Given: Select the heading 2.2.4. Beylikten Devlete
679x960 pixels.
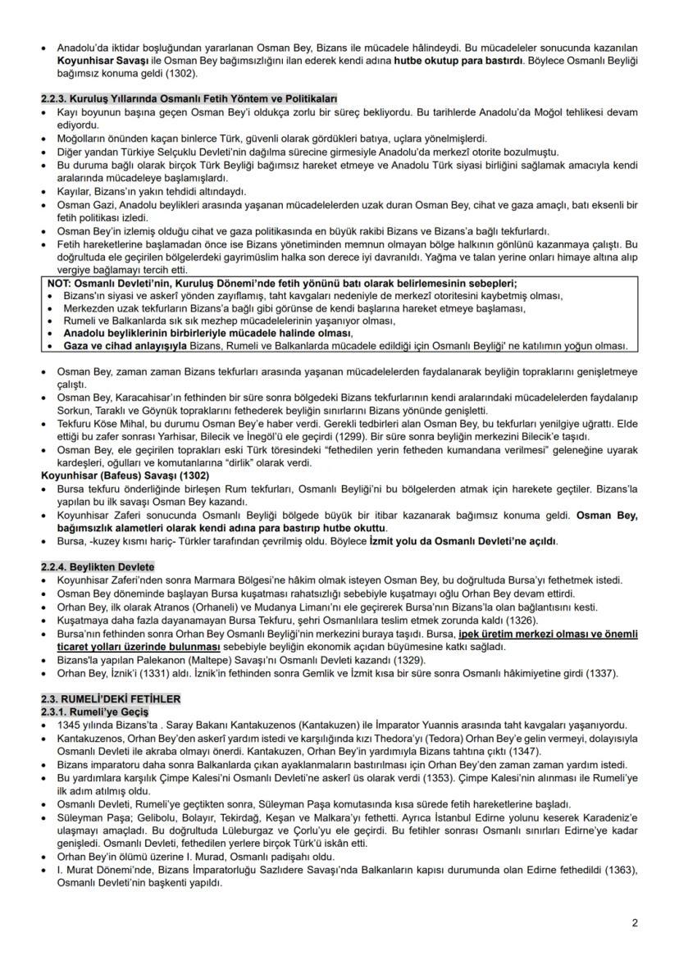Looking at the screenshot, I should [x=98, y=567].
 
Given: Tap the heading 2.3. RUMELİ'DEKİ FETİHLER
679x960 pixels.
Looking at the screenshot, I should [x=111, y=699].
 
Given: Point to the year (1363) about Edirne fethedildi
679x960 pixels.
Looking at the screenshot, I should [x=608, y=870].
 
